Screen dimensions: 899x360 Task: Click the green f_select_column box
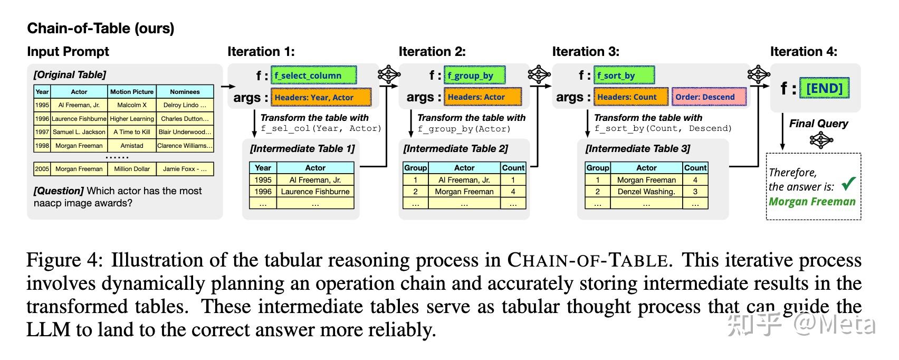click(314, 75)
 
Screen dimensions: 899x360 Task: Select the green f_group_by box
click(474, 75)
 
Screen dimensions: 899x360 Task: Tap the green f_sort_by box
click(624, 75)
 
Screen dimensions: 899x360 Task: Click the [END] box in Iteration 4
click(825, 88)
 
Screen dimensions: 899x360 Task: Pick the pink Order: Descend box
click(709, 97)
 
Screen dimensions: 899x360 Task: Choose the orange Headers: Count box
click(631, 97)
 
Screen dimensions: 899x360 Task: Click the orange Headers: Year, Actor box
click(321, 97)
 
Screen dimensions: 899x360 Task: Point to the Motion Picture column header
click(132, 91)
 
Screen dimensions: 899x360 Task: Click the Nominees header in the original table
click(185, 91)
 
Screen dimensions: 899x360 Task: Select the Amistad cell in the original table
click(132, 146)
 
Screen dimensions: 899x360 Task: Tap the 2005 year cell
click(42, 169)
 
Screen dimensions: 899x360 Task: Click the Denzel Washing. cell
click(646, 192)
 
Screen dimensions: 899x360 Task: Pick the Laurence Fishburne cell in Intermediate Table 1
click(315, 192)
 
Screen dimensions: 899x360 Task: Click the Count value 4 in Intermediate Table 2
click(513, 192)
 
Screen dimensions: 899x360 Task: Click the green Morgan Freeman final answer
click(812, 202)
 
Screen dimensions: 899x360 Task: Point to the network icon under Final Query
click(821, 140)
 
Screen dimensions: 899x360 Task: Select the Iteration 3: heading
click(586, 51)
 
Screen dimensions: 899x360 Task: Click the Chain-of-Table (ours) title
click(100, 28)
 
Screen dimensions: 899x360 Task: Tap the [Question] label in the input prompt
click(59, 191)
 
